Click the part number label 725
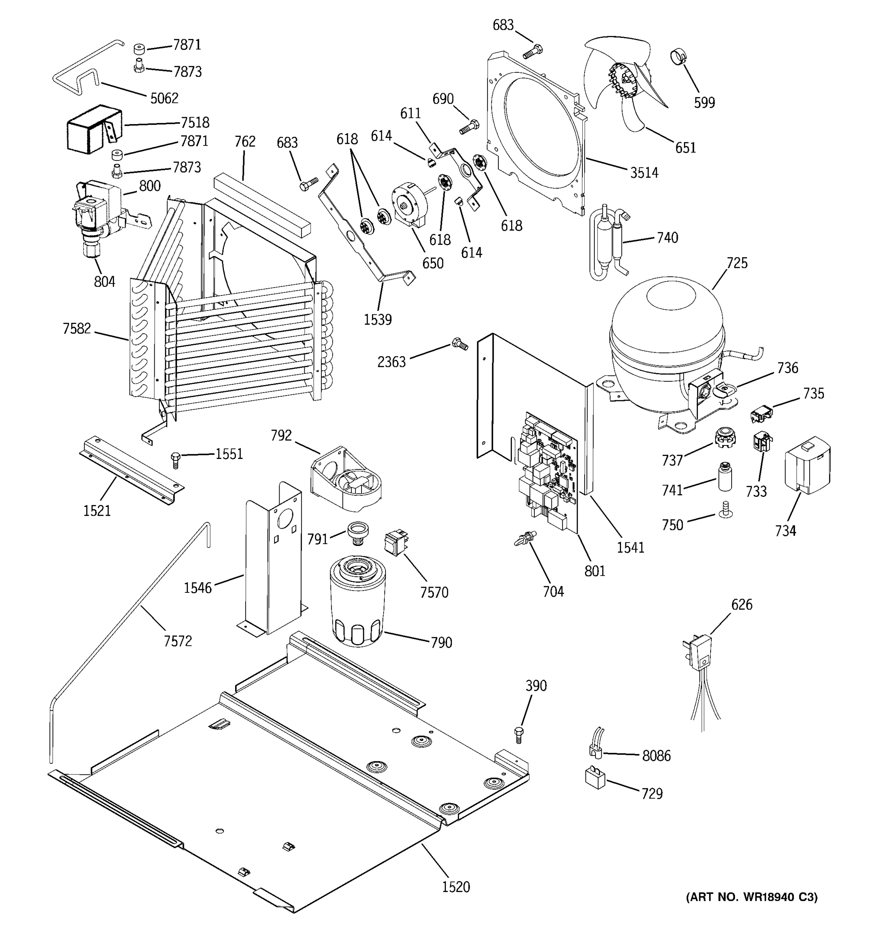(x=737, y=263)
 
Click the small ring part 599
(x=679, y=57)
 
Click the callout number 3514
(x=644, y=173)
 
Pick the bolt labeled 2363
(x=459, y=345)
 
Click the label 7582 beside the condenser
(x=77, y=329)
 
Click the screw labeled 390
(x=519, y=734)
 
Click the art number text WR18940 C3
(x=751, y=897)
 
